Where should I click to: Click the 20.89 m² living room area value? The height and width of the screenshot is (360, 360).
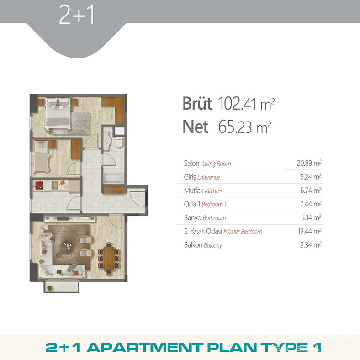coord(309,163)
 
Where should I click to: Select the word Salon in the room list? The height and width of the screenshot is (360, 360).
coord(191,163)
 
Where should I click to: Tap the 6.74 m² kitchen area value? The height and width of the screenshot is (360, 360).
coord(311,191)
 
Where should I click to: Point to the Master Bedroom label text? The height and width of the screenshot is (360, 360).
coord(243,232)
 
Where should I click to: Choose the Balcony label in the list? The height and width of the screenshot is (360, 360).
coord(213,245)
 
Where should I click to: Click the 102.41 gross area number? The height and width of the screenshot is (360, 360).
coord(237,104)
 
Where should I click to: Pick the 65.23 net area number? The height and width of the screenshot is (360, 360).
coord(235,127)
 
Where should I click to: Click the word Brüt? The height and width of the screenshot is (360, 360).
coord(197,104)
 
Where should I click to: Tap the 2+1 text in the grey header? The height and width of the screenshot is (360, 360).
coord(77,15)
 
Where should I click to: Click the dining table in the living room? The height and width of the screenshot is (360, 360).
coord(109,258)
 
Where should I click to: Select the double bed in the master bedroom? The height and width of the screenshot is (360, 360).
coord(58,114)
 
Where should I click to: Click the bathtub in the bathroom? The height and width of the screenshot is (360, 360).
coord(113,178)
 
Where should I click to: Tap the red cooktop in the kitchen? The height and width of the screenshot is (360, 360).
coord(39,185)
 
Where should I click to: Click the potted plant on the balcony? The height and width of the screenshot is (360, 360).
coord(49,288)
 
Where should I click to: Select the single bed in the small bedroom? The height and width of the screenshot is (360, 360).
coord(42,157)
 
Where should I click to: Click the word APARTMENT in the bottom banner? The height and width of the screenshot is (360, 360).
coord(145,348)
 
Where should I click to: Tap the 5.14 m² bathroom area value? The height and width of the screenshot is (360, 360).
coord(311,217)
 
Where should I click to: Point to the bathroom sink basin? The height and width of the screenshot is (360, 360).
coord(107,140)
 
